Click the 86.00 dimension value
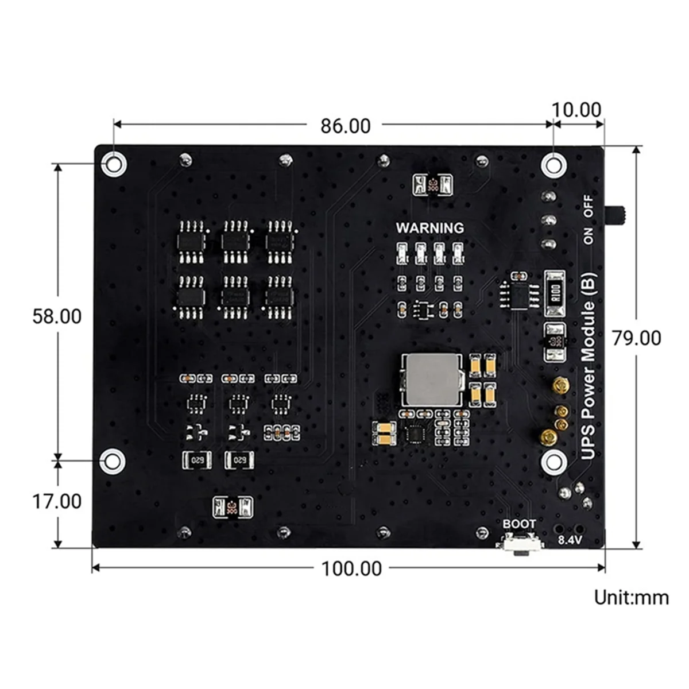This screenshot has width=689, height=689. coord(345,126)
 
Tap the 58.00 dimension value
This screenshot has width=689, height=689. coord(57,316)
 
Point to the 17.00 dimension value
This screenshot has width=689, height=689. coord(57,501)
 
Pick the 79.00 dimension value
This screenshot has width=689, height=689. coord(636,338)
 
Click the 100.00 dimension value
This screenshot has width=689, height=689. coord(351,568)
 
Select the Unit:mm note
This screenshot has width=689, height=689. coord(631,597)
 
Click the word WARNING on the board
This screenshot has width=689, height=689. coord(429,228)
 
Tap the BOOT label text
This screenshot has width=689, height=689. coord(519,524)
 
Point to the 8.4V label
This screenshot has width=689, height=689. coord(570,540)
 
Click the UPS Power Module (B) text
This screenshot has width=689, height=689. coord(589,366)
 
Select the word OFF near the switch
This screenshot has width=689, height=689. coord(589,206)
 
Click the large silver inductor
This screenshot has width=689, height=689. coord(430,378)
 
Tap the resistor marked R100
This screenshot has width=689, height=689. coord(555,293)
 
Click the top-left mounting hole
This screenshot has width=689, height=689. coord(114,164)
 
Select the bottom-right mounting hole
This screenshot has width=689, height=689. coord(553,461)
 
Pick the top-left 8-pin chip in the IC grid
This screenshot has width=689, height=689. coord(191,241)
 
